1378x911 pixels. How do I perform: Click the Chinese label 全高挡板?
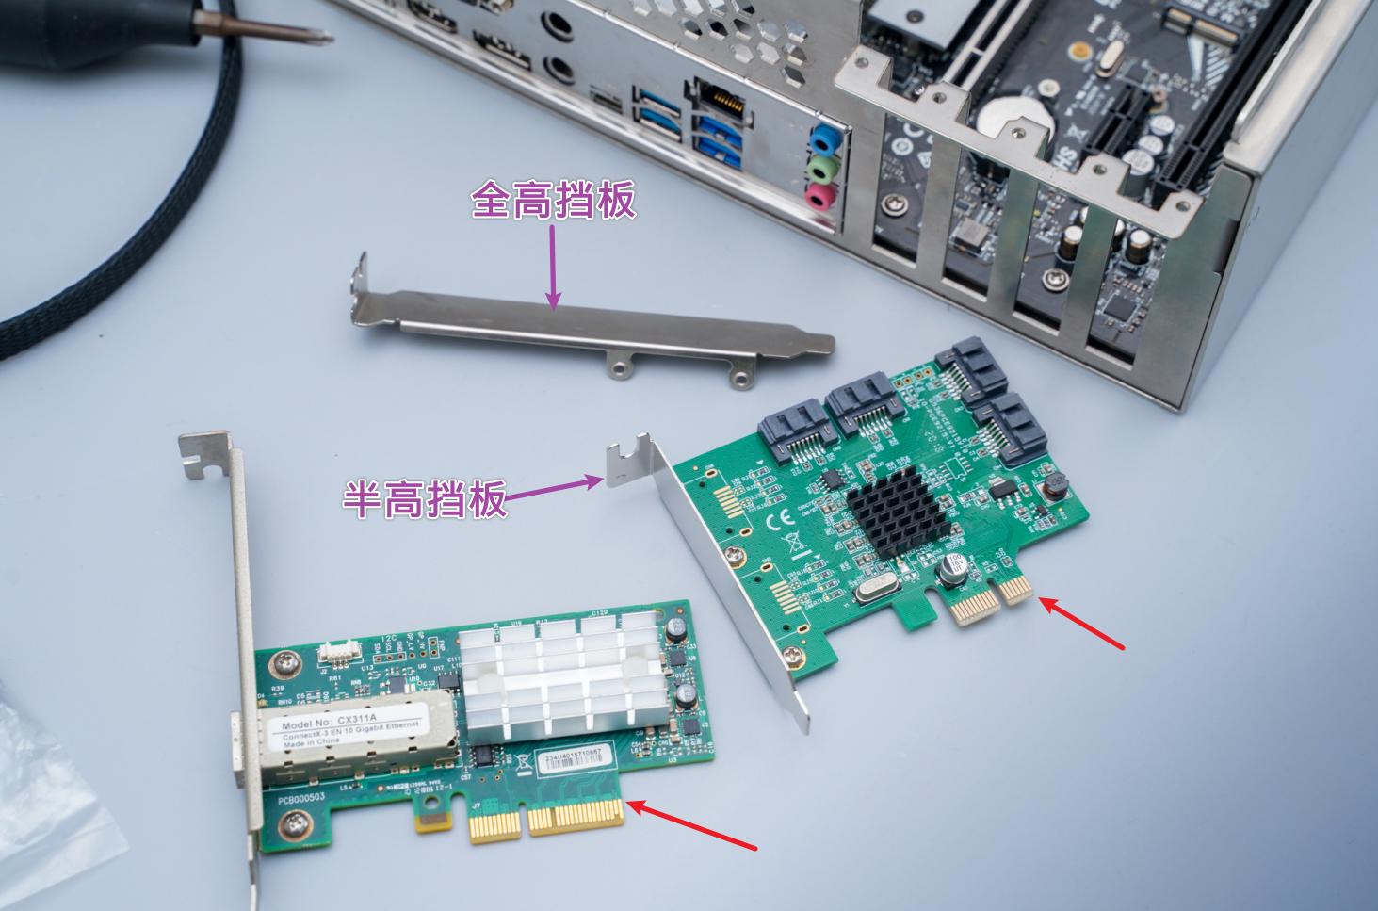point(553,200)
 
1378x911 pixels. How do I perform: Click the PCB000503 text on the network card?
point(301,799)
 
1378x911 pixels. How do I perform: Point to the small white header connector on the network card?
point(336,650)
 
